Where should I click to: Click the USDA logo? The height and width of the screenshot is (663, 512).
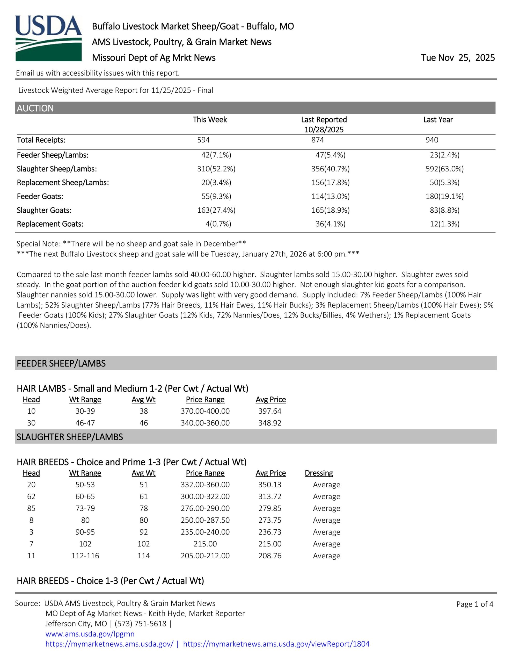(49, 38)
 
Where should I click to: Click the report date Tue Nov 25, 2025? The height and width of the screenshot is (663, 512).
(457, 58)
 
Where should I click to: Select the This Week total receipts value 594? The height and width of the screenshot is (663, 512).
(203, 140)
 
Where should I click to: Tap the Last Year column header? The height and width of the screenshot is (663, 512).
(438, 120)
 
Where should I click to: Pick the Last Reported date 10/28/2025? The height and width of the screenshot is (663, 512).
(324, 130)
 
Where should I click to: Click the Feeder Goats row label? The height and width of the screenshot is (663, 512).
(40, 196)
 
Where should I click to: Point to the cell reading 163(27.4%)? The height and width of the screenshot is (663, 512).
(216, 210)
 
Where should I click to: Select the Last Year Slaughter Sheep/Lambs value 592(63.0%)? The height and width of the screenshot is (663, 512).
(445, 169)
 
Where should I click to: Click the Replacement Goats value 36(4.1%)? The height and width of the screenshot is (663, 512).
(330, 224)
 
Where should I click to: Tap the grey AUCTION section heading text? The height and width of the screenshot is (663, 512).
(35, 108)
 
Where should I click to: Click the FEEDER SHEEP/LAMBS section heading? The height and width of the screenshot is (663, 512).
(61, 363)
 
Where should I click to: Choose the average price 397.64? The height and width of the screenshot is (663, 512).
(270, 411)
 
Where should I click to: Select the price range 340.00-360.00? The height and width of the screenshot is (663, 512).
(205, 423)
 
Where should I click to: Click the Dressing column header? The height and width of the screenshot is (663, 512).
(319, 473)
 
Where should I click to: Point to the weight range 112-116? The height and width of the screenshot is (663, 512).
(85, 556)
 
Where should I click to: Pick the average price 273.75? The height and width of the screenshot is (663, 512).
(270, 520)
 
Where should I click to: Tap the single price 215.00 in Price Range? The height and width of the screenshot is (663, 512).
(205, 544)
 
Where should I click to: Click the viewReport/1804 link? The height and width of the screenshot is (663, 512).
(276, 644)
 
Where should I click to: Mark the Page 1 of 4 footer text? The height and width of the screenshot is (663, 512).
(475, 604)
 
